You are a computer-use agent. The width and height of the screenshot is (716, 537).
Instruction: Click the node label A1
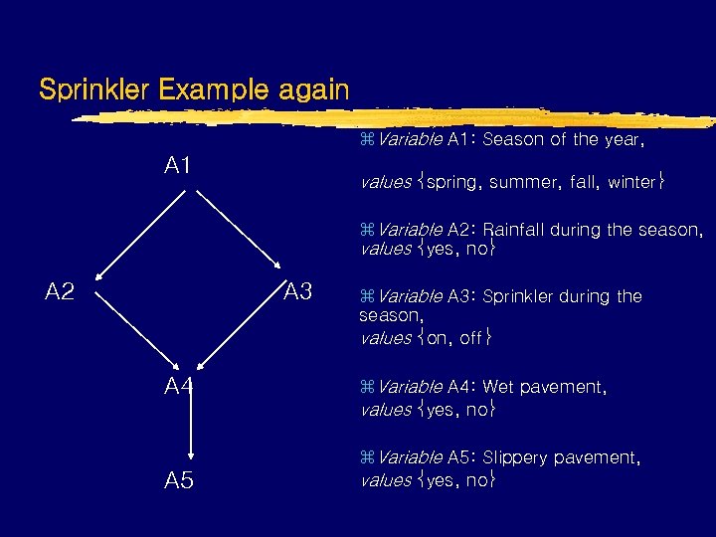(178, 165)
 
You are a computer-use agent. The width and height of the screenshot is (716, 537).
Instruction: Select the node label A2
(61, 291)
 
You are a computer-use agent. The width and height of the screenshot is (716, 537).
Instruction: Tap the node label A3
(297, 291)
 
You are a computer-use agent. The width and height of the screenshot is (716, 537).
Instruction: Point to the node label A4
(179, 386)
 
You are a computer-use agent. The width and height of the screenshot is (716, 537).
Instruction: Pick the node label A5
(179, 481)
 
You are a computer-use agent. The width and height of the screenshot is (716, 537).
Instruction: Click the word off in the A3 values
(470, 338)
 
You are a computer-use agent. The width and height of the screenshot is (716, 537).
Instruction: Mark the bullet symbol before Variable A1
(365, 140)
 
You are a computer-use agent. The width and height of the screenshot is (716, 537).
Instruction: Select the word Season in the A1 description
(511, 140)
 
